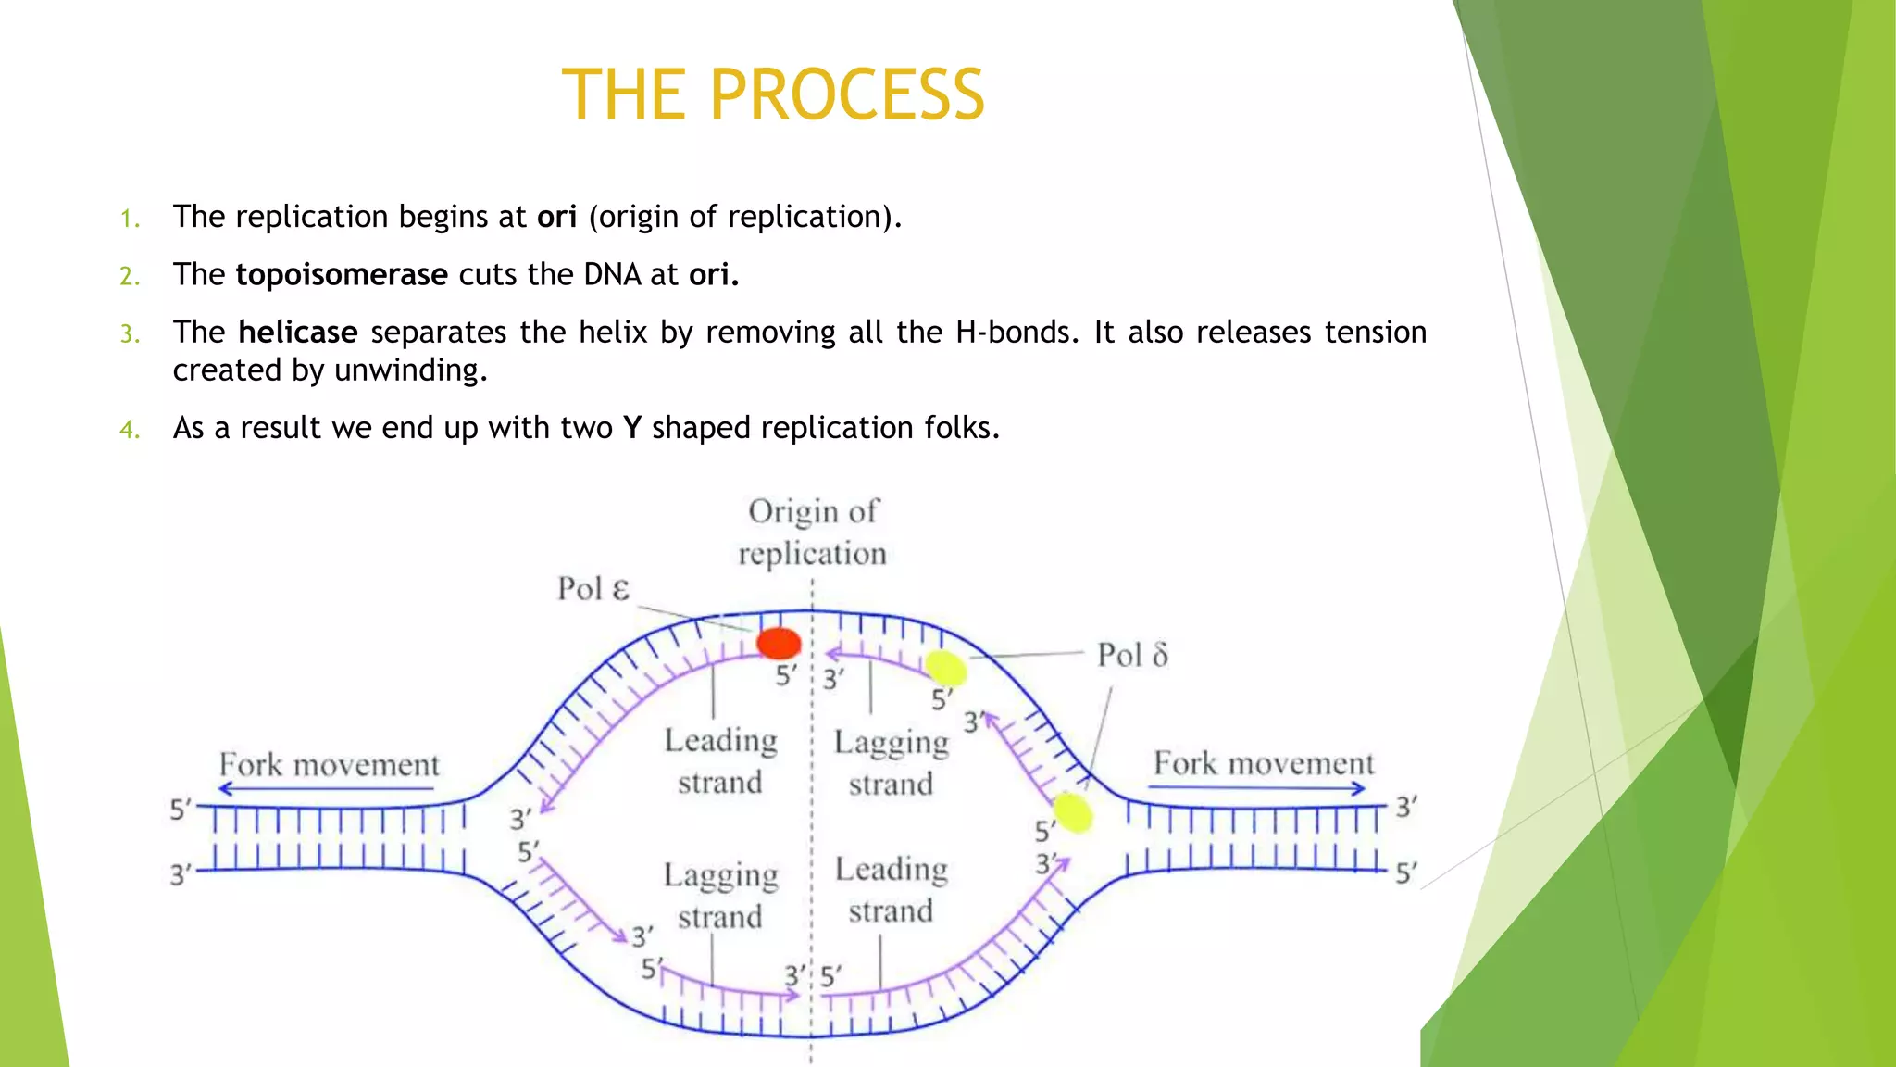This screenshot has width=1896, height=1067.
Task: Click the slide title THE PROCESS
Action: click(x=773, y=94)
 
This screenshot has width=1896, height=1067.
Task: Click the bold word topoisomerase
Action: click(x=342, y=275)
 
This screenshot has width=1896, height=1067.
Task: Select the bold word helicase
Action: click(x=297, y=333)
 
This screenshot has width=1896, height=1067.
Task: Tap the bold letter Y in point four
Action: click(x=632, y=428)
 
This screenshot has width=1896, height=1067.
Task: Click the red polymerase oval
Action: click(x=779, y=643)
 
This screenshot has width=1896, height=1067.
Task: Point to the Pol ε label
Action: click(x=592, y=589)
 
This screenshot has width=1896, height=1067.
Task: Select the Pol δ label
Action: click(x=1131, y=656)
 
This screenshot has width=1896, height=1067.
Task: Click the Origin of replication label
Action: click(x=813, y=533)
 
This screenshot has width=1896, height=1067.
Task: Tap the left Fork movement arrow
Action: click(x=326, y=789)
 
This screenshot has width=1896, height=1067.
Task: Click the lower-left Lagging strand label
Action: click(x=720, y=896)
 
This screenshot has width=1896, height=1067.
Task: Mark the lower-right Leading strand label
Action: click(x=891, y=890)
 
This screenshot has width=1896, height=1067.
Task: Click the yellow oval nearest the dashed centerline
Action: click(x=945, y=668)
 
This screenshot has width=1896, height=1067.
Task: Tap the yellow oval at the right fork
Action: click(x=1073, y=813)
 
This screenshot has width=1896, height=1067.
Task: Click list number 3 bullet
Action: click(x=130, y=334)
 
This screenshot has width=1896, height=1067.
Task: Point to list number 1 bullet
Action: click(x=130, y=220)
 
